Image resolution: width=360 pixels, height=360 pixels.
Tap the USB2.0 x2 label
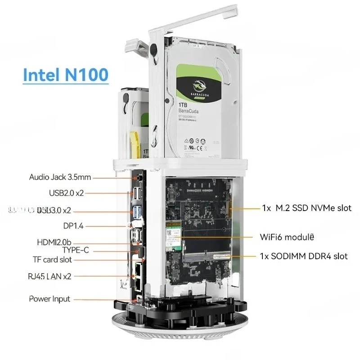click(x=66, y=193)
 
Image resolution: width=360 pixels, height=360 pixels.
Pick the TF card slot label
click(x=52, y=260)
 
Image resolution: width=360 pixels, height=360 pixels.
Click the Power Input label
click(x=49, y=298)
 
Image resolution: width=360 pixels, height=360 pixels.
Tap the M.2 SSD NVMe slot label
click(x=306, y=208)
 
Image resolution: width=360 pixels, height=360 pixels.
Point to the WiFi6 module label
click(x=287, y=236)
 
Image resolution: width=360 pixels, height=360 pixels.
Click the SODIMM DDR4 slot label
click(x=304, y=256)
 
